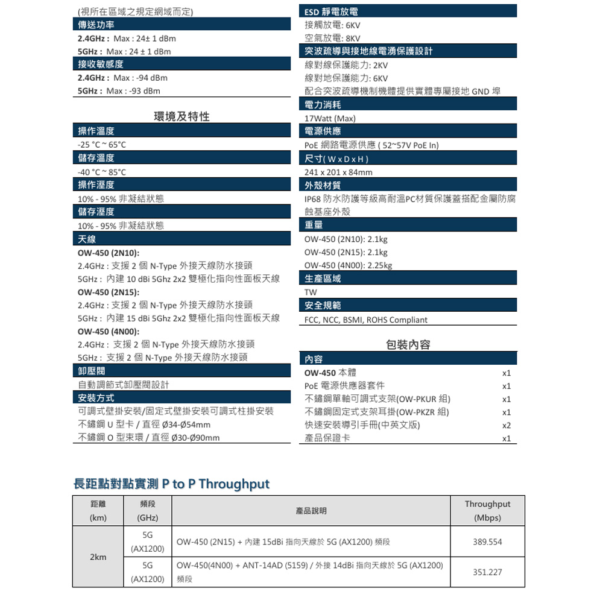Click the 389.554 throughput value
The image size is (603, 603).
click(487, 542)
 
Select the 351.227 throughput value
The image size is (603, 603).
click(487, 572)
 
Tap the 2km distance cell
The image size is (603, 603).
click(97, 557)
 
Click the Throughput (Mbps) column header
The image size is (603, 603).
click(487, 511)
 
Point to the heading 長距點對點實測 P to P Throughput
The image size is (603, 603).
click(171, 484)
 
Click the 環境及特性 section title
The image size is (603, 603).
click(182, 116)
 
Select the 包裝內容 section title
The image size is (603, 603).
click(408, 345)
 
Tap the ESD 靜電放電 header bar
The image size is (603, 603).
click(408, 11)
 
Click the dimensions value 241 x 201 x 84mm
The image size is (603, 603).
click(338, 172)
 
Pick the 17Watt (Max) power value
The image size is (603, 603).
click(330, 118)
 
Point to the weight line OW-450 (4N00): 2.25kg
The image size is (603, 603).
click(348, 265)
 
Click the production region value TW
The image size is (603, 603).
click(311, 292)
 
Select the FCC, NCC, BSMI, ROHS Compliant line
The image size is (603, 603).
click(366, 320)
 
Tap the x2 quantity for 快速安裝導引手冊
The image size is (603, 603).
click(507, 425)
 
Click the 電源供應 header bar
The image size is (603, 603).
click(408, 131)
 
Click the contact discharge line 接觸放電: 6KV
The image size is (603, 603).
click(332, 25)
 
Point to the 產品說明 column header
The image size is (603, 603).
click(311, 511)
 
